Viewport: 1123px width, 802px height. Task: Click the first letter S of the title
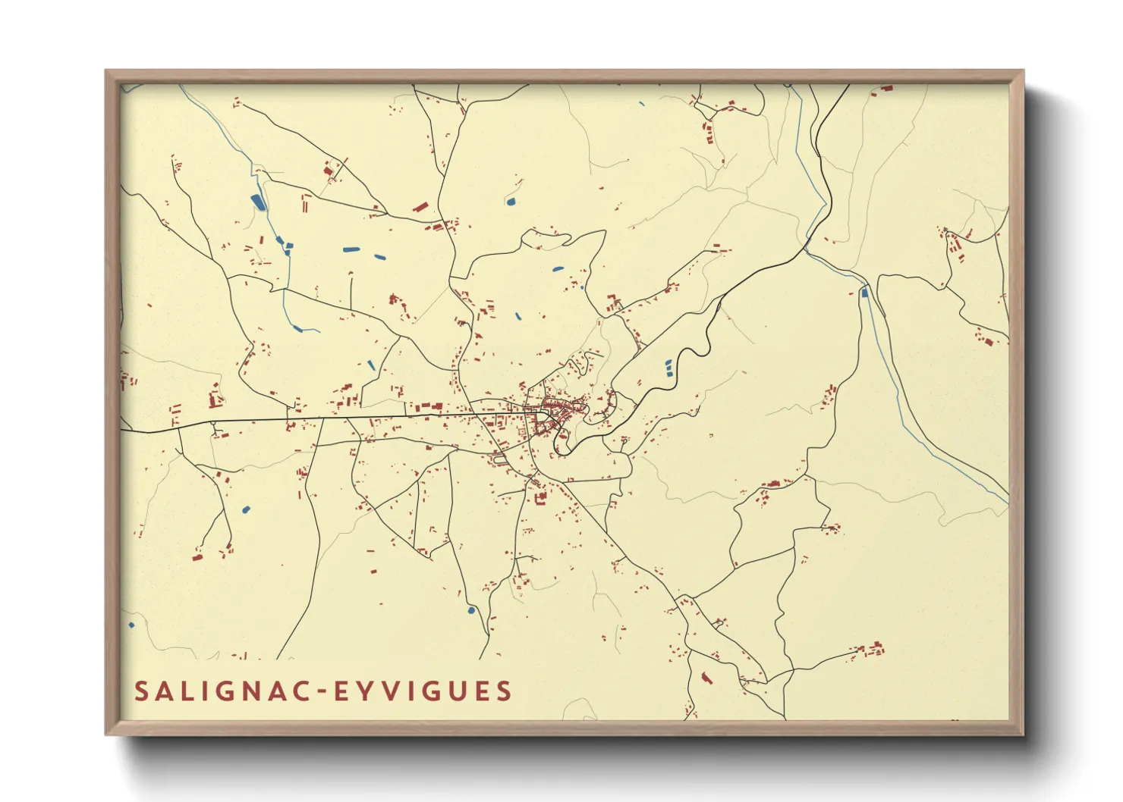pos(140,691)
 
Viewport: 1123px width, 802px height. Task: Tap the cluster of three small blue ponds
pos(668,368)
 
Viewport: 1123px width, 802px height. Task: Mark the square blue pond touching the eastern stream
pos(864,292)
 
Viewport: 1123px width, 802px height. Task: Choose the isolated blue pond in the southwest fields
pos(245,509)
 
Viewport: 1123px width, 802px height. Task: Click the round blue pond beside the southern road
pos(471,609)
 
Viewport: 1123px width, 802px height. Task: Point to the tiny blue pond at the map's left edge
pos(131,625)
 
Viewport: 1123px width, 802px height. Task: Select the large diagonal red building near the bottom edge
pos(706,678)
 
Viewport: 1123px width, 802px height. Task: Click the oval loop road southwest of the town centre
pos(500,458)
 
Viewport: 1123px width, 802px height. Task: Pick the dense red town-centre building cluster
pos(555,413)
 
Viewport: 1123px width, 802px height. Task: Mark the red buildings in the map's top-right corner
pos(884,89)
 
